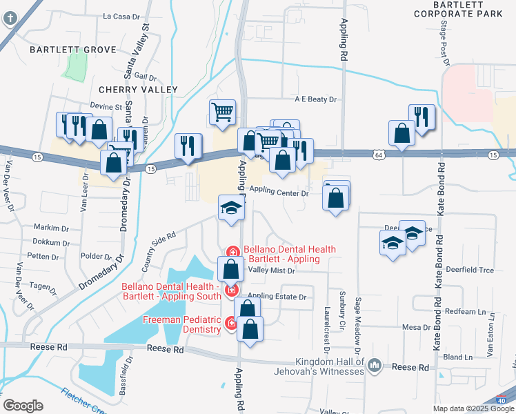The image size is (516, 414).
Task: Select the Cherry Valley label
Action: [x=138, y=90]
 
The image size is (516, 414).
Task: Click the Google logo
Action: [x=23, y=406]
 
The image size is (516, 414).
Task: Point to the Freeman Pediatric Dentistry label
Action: [x=182, y=324]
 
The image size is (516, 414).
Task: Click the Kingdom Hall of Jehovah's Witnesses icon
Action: [x=374, y=364]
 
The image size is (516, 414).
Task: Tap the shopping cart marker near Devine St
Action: [x=222, y=112]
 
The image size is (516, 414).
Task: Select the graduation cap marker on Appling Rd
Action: [x=231, y=208]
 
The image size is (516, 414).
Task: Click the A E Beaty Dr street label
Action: [x=315, y=99]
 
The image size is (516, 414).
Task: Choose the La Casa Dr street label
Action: [x=121, y=15]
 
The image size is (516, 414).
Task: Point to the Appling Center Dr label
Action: [x=279, y=193]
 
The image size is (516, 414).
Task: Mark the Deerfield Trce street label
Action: [x=470, y=270]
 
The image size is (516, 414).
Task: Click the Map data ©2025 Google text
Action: [x=473, y=408]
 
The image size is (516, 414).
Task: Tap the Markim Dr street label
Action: [x=52, y=227]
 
